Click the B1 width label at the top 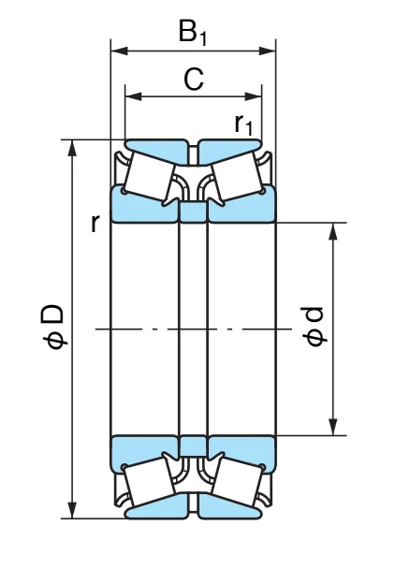[x=193, y=33]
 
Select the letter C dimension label [x=194, y=79]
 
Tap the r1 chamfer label [x=243, y=124]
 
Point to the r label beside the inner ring [x=95, y=224]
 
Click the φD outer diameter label [x=53, y=327]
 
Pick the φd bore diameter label [x=314, y=327]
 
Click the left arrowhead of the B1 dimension [x=119, y=51]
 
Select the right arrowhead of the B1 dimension [x=267, y=51]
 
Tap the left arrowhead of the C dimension [x=134, y=96]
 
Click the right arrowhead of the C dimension [x=253, y=96]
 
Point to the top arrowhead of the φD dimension [x=73, y=148]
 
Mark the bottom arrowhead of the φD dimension [x=73, y=509]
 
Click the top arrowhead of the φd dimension [x=333, y=231]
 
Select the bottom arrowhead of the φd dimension [x=333, y=427]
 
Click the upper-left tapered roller [x=149, y=176]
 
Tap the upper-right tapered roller [x=237, y=176]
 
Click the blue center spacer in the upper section [x=193, y=212]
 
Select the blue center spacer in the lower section [x=193, y=445]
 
